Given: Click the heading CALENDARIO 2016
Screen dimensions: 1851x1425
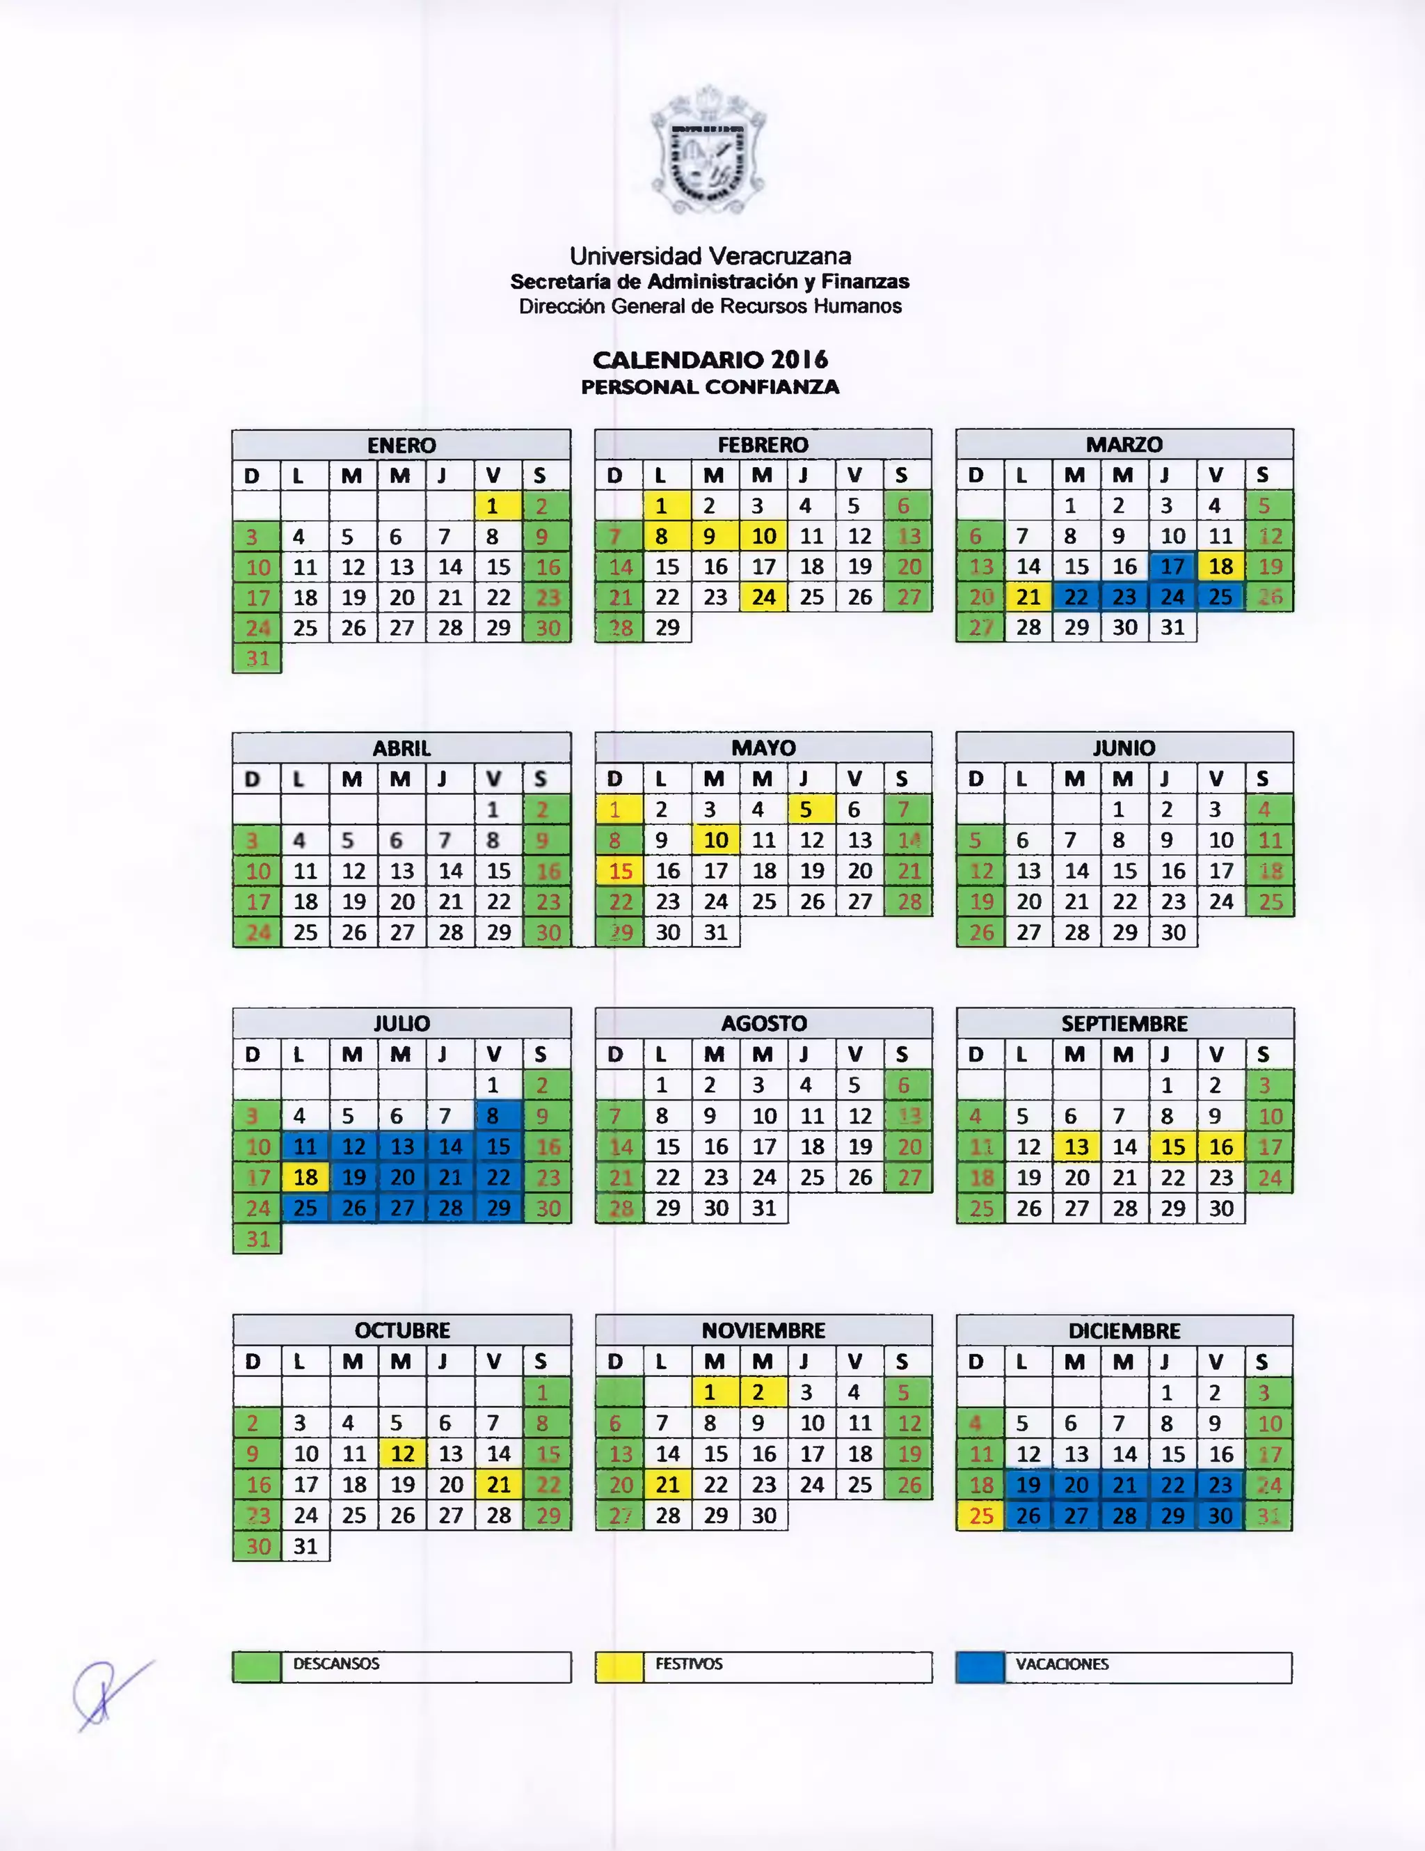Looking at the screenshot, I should [710, 359].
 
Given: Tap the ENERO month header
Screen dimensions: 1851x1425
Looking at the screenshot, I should [401, 445].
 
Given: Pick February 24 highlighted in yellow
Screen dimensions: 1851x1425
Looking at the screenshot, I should [763, 597].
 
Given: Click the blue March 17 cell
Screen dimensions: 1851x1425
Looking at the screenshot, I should [1172, 566].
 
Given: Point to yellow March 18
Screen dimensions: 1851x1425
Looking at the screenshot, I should [1221, 566].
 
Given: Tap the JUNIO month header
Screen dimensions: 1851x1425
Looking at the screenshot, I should [1124, 748].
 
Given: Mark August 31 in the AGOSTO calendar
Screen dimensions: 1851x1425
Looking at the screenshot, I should [764, 1208].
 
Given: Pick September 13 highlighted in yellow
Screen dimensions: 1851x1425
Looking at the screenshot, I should [1076, 1147].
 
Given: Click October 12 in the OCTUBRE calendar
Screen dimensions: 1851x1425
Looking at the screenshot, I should [402, 1454].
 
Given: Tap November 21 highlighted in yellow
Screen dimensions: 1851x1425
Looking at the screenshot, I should [667, 1485].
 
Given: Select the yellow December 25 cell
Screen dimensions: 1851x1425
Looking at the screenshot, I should [980, 1515].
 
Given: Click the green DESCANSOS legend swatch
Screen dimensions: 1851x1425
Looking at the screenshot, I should [257, 1667].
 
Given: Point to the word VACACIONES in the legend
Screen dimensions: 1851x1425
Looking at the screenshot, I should [1062, 1664].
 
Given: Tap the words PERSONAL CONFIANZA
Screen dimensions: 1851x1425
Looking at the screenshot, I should [710, 387].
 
